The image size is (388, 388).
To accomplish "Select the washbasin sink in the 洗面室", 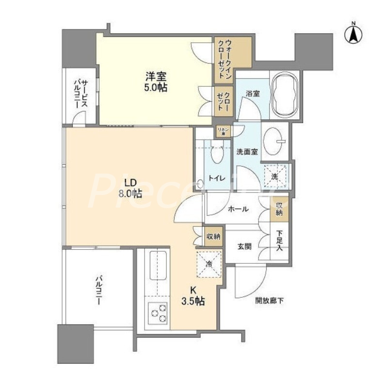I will [275, 137].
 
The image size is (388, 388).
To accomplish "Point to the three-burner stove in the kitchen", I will [157, 311].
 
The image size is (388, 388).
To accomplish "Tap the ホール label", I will [238, 209].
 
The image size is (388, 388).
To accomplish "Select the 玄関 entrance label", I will [244, 246].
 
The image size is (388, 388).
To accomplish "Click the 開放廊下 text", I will [270, 301].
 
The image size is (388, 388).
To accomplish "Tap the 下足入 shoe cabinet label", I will [280, 241].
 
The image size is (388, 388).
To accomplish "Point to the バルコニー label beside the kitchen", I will [98, 290].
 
